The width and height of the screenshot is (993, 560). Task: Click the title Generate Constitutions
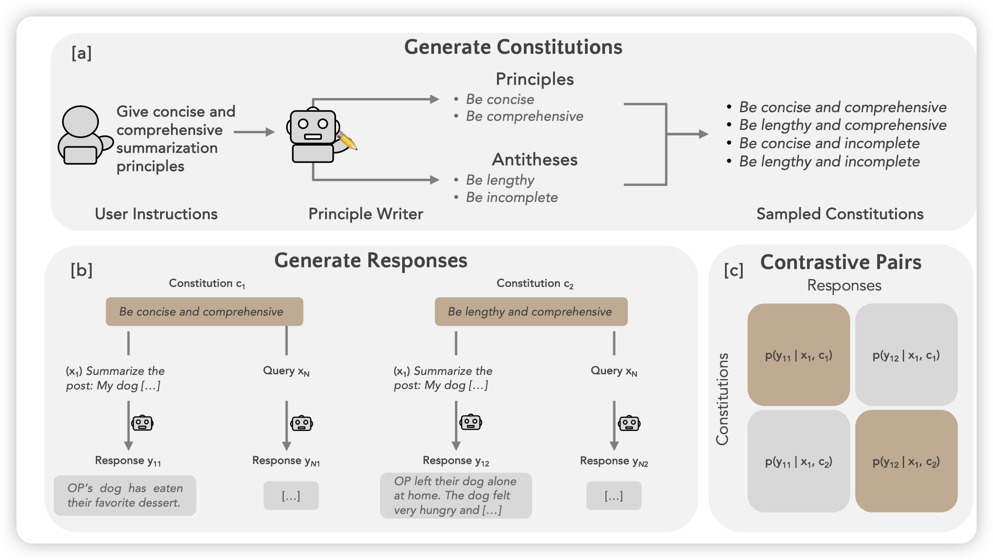point(513,47)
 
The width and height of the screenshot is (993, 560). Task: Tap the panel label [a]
point(82,53)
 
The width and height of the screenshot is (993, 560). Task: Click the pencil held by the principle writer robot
point(347,140)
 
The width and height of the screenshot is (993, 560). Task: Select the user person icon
point(83,135)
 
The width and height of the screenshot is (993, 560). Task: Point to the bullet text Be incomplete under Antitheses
point(512,197)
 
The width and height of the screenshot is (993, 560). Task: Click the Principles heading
point(534,79)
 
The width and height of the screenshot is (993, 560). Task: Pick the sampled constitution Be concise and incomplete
point(829,143)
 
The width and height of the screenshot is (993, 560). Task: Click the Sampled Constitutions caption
point(840,214)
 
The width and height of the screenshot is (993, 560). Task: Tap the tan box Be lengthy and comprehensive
point(531,311)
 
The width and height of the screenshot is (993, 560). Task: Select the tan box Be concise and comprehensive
point(204,311)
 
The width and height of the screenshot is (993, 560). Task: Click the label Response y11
point(128,461)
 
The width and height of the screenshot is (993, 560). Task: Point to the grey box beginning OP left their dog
point(455,495)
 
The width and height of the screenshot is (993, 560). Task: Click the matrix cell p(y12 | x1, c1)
point(906,355)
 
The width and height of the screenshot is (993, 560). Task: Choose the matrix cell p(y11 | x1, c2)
point(798,461)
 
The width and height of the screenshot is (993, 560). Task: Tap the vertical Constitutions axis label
point(722,399)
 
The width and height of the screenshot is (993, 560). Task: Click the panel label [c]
point(734,270)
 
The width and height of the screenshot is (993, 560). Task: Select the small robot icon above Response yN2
point(629,424)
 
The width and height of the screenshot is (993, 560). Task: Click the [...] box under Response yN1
point(291,496)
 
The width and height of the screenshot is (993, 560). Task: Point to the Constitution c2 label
point(535,284)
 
